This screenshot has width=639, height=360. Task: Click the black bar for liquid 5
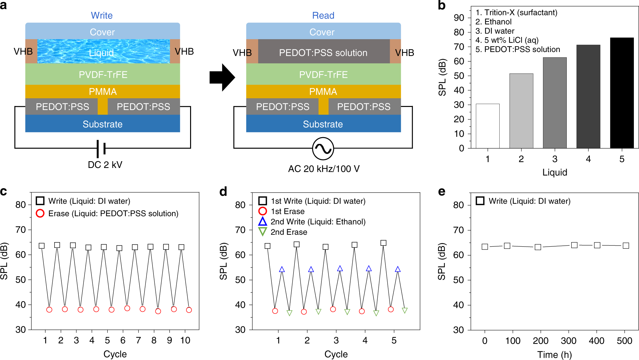pos(622,93)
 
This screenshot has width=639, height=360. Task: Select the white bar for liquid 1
pos(487,126)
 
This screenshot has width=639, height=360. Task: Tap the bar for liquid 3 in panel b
pos(555,103)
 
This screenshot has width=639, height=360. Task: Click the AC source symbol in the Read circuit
pos(323,149)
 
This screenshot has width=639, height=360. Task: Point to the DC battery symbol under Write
pos(101,149)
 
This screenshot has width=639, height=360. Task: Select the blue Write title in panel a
pos(101,15)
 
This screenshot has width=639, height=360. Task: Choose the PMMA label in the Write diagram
pos(103,92)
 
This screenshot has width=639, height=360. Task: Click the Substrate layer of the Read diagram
pos(323,124)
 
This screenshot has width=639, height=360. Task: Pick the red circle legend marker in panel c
pos(40,213)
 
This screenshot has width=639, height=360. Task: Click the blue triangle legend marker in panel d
pos(263,221)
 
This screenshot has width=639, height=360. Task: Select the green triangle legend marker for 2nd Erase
pos(263,232)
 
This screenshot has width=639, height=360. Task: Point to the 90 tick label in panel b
pos(459,18)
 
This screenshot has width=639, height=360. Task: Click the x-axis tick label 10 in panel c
pos(185,340)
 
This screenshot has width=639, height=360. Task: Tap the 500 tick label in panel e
pos(624,341)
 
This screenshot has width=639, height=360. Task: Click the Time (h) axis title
pos(555,355)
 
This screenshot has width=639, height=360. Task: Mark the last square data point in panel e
pos(626,246)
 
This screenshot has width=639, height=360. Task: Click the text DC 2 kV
pos(105,165)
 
